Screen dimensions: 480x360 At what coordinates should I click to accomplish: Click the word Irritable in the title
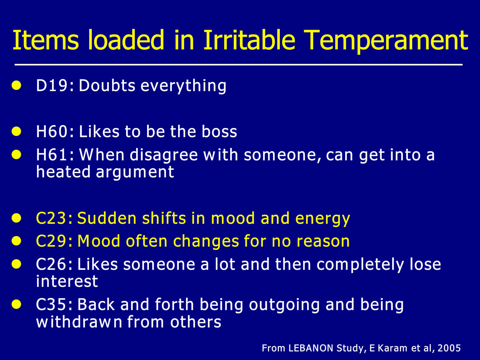click(249, 40)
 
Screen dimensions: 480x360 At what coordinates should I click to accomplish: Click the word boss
click(219, 132)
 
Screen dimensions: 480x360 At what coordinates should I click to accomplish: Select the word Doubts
click(107, 85)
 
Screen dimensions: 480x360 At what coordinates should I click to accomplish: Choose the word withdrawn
click(79, 322)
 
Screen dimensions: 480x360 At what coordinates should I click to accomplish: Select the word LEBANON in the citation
click(311, 348)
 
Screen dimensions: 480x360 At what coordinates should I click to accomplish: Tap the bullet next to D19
click(16, 85)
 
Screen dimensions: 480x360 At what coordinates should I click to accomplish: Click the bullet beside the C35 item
click(16, 304)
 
